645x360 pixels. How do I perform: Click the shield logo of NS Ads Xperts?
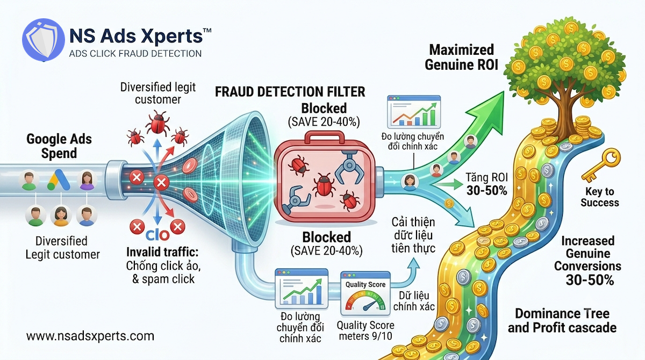[x=44, y=40]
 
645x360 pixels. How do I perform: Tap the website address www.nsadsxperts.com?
[x=90, y=336]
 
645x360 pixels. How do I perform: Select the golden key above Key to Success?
[x=601, y=165]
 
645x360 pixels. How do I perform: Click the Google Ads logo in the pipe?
[x=59, y=179]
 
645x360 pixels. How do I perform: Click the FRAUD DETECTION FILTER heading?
[x=290, y=92]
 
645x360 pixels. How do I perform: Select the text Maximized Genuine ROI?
[x=462, y=57]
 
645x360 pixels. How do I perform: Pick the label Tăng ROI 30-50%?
[x=487, y=184]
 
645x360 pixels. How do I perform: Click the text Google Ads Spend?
[x=59, y=146]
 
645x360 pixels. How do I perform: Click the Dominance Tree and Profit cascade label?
[x=562, y=320]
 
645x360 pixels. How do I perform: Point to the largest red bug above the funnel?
[x=157, y=123]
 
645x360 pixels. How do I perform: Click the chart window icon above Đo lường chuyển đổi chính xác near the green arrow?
[x=414, y=112]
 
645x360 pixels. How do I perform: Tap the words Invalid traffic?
[x=162, y=252]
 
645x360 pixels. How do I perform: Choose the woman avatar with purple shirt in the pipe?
[x=87, y=180]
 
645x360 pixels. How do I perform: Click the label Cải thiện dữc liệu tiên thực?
[x=413, y=235]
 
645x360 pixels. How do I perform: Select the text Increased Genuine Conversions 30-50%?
[x=587, y=261]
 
